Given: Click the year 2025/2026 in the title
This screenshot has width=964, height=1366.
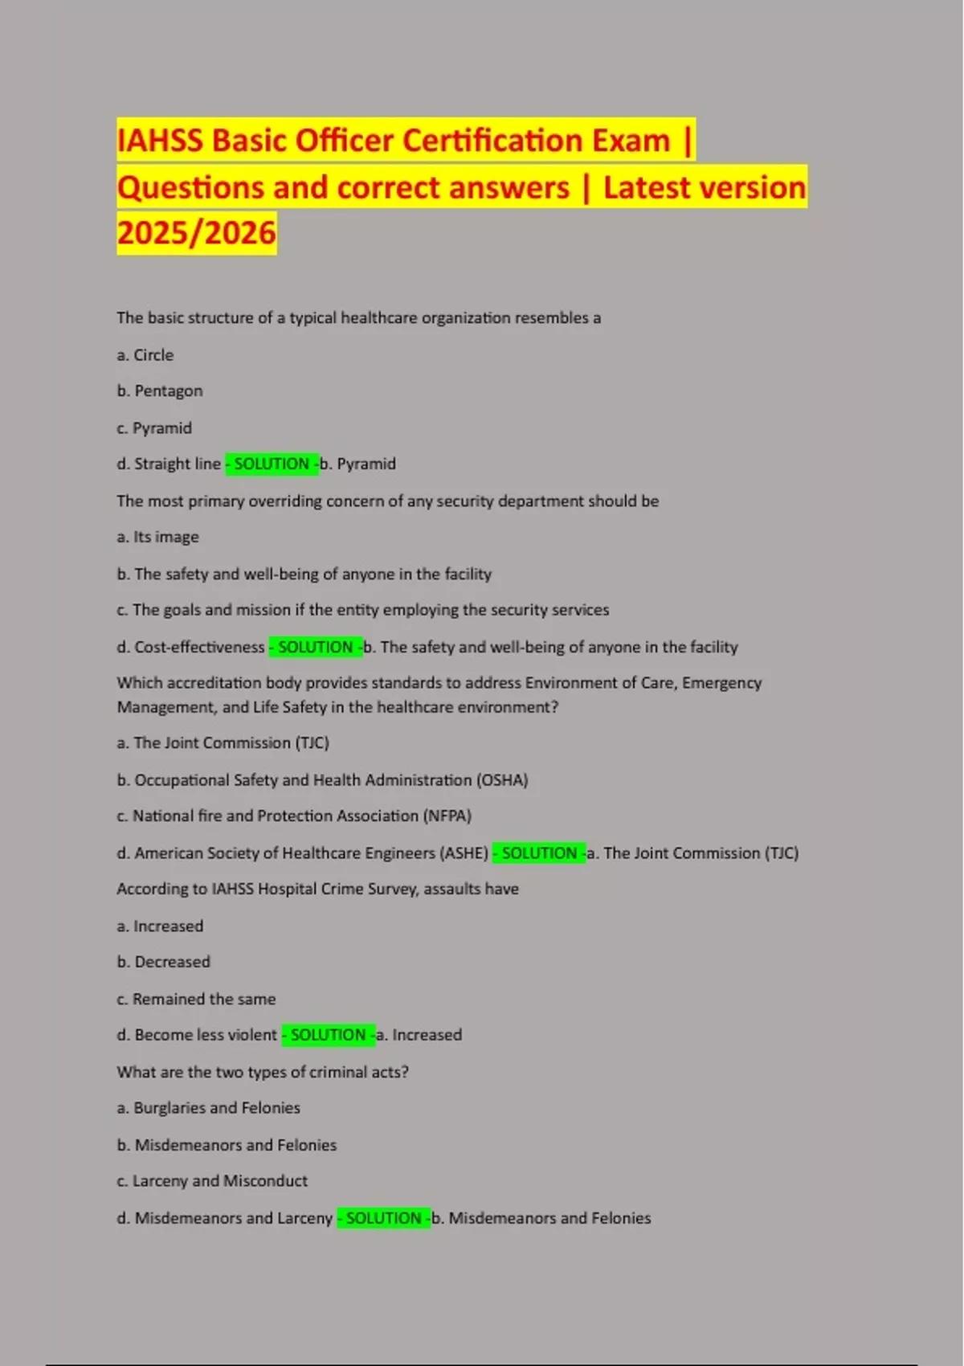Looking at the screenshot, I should click(x=196, y=233).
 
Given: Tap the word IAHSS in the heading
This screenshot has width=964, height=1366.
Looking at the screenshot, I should click(x=160, y=141).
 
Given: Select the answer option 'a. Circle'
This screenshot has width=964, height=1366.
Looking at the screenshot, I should click(x=145, y=355).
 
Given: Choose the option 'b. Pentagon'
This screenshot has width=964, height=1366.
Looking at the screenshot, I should click(x=160, y=391).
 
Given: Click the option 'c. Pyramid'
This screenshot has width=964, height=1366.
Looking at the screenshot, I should click(x=154, y=428).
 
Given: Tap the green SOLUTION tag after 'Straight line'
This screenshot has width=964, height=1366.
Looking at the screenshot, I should click(x=272, y=464).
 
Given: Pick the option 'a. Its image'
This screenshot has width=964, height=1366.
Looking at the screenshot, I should click(x=158, y=538).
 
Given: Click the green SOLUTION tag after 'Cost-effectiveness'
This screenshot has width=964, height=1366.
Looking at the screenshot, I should click(x=315, y=648).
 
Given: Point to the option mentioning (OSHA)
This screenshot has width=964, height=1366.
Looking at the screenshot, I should click(x=322, y=780).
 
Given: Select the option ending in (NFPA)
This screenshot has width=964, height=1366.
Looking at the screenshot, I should click(x=294, y=816).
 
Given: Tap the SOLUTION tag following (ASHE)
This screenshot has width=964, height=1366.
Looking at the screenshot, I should click(x=539, y=853).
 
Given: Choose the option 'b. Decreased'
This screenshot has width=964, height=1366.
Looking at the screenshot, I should click(x=164, y=963).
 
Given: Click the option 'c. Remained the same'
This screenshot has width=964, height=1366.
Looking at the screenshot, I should click(x=196, y=1000).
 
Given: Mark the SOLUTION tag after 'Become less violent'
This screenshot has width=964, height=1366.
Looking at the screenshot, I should click(x=328, y=1036).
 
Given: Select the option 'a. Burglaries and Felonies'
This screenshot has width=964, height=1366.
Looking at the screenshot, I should click(x=209, y=1109).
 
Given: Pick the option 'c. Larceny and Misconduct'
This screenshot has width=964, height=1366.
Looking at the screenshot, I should click(x=212, y=1181).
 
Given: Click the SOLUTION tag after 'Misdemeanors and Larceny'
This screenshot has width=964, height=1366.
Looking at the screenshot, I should click(x=383, y=1219).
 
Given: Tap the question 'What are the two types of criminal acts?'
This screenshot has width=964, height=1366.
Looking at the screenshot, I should click(x=263, y=1073).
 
